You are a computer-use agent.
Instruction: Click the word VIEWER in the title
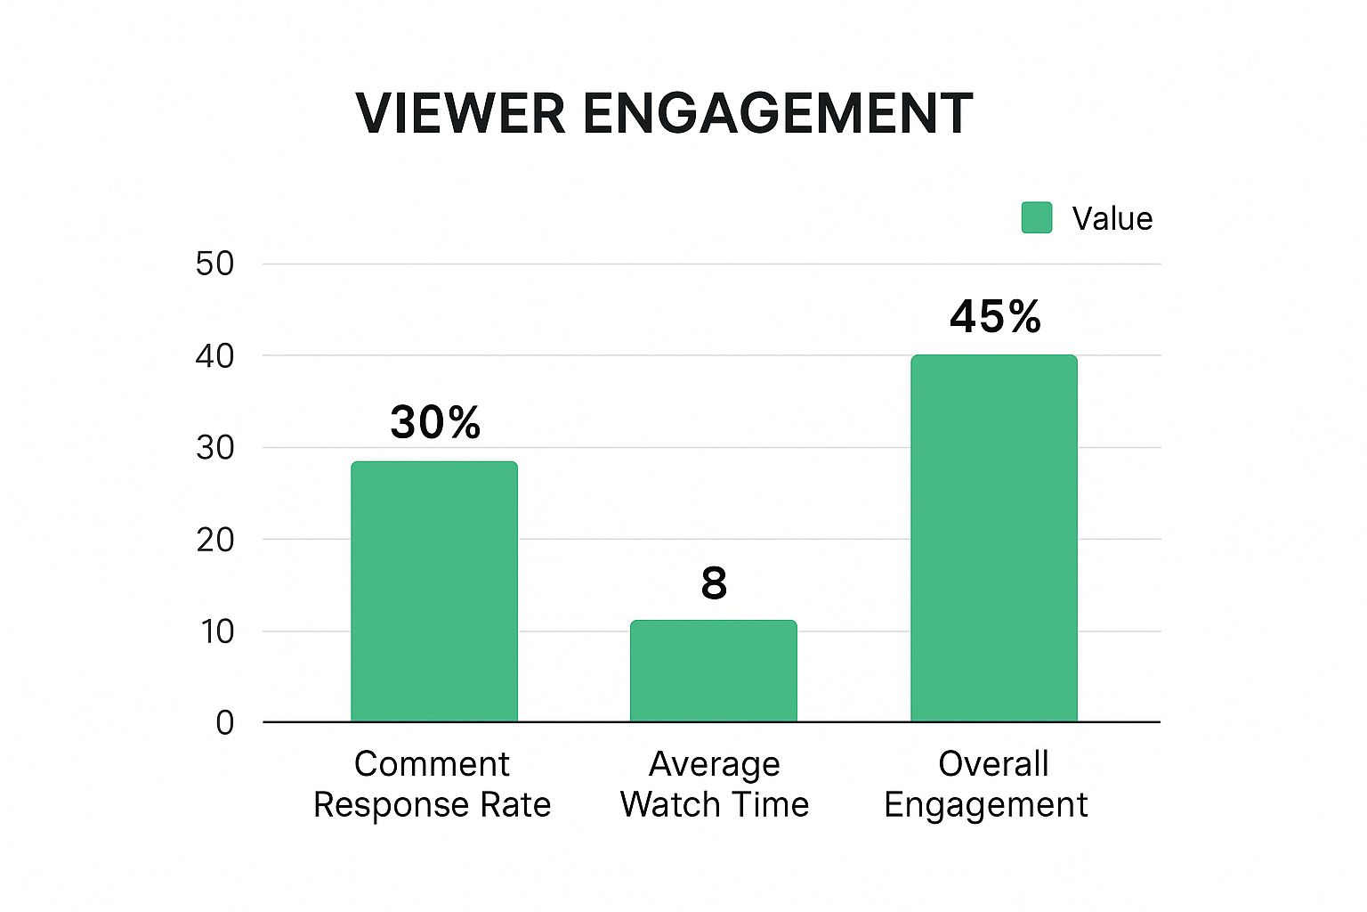point(460,114)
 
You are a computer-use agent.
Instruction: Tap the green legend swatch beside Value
point(1036,217)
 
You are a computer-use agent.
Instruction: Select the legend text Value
point(1112,219)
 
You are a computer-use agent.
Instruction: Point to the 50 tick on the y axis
point(214,264)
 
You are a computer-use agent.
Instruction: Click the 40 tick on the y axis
point(214,356)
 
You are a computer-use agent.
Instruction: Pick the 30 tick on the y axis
point(214,447)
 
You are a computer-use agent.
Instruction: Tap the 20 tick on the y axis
point(214,539)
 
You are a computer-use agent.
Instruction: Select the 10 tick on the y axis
point(216,631)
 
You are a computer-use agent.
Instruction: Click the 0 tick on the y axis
point(224,722)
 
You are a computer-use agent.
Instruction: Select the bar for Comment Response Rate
point(433,591)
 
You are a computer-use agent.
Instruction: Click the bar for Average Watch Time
point(713,671)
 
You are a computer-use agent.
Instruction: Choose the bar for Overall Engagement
point(993,538)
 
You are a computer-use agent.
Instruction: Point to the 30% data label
point(435,422)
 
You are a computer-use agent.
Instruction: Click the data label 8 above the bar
point(714,583)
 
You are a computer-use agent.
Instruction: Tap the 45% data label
point(995,317)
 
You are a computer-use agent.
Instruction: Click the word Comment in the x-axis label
point(432,764)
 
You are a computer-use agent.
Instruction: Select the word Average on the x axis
point(714,764)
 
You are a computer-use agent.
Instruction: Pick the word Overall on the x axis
point(993,764)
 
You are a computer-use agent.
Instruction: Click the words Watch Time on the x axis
point(714,804)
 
